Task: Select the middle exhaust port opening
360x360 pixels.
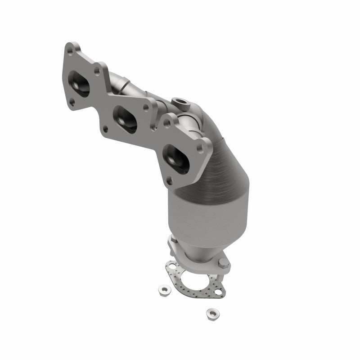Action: [125, 118]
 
